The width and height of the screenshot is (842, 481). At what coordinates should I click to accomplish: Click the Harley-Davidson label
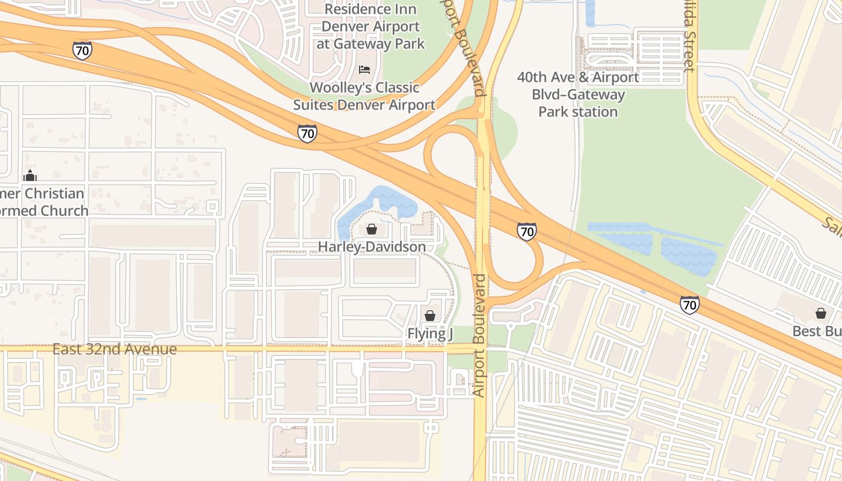(372, 247)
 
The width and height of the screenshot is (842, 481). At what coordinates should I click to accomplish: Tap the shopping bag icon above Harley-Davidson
(372, 229)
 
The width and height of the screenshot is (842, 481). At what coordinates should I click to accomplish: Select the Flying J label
(429, 333)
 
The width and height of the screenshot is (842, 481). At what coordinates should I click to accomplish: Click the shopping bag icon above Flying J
(430, 315)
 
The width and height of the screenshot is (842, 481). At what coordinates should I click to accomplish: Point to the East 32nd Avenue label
(114, 349)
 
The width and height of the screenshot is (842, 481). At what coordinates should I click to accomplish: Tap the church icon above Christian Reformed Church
(29, 176)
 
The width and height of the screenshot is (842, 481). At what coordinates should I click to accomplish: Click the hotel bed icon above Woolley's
(364, 69)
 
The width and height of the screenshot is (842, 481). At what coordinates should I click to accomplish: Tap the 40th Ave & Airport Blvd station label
(578, 94)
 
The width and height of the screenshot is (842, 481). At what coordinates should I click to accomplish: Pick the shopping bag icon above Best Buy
(820, 313)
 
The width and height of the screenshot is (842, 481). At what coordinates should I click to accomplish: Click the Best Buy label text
(816, 331)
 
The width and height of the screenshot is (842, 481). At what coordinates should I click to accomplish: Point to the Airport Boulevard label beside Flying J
(479, 335)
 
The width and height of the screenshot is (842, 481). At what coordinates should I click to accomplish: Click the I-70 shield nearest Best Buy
(690, 305)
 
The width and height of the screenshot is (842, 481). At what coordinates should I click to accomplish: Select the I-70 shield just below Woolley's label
(307, 133)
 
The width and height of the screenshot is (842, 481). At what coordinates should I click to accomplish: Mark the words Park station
(578, 112)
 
